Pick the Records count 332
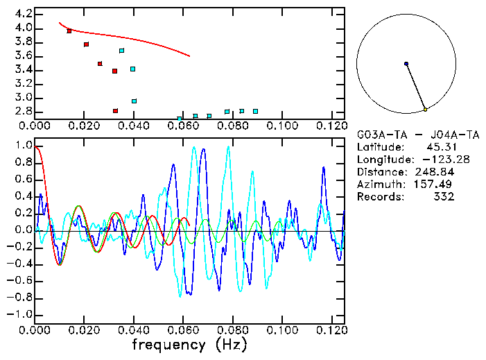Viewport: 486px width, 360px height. point(443,197)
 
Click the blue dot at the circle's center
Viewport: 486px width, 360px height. point(406,64)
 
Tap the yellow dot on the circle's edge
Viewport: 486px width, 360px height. point(425,110)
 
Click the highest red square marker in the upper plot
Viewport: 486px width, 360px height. point(69,31)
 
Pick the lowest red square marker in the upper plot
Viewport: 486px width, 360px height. point(115,111)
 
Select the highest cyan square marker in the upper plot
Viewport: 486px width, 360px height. point(122,51)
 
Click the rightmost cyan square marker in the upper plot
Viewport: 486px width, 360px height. point(255,111)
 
